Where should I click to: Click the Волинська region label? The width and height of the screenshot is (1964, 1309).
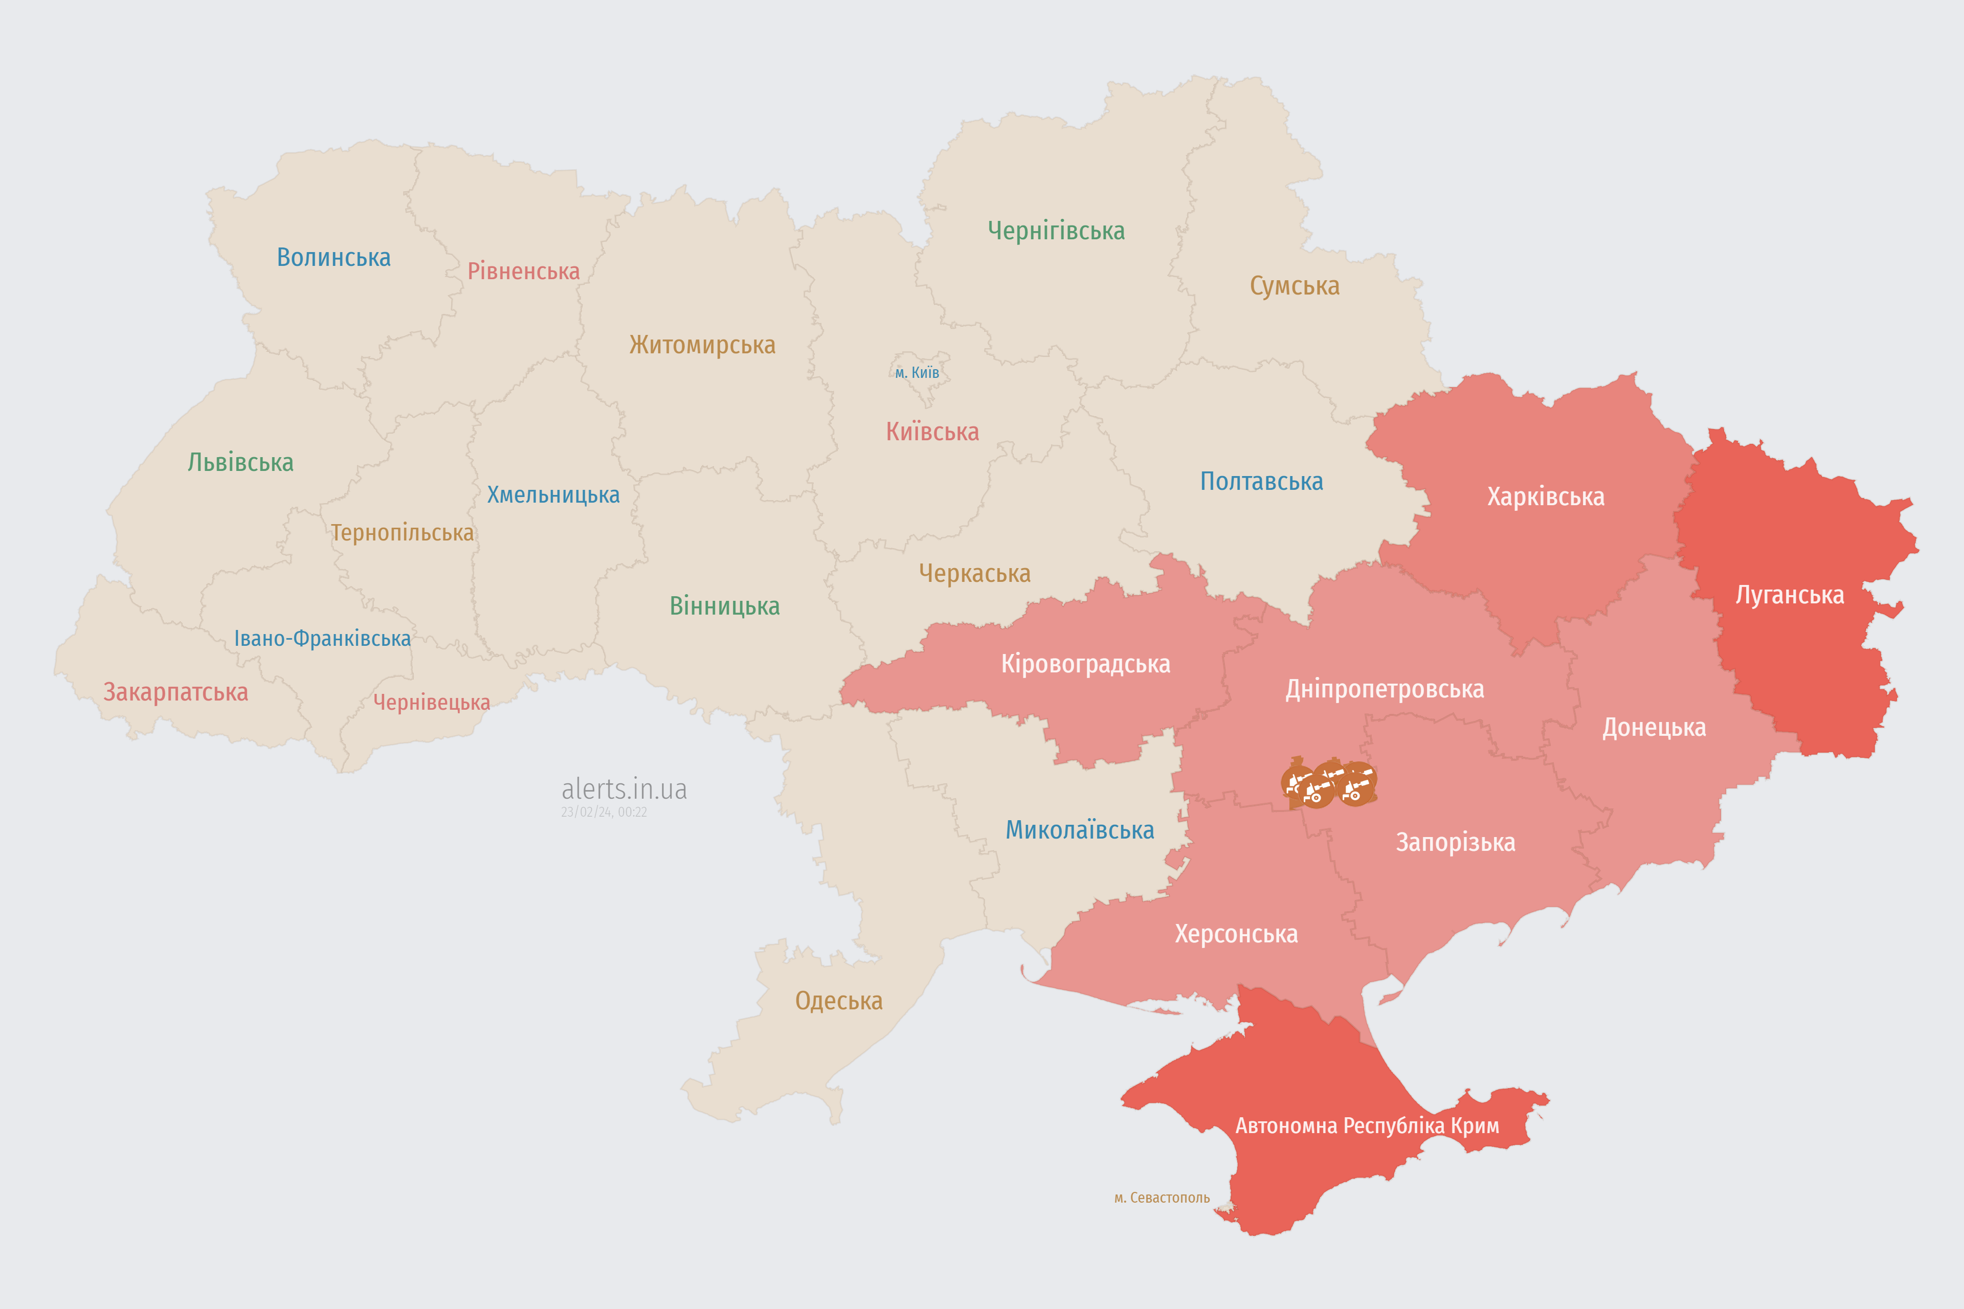[333, 257]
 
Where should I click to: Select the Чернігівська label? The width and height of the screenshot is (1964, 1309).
[1056, 231]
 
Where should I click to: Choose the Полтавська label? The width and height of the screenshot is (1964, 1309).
[1261, 482]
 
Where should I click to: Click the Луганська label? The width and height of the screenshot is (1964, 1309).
[1790, 595]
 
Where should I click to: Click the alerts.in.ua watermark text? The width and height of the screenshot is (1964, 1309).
[624, 789]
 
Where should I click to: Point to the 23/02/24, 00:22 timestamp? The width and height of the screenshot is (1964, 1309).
[604, 813]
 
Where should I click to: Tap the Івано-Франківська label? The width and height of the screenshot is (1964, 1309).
[322, 639]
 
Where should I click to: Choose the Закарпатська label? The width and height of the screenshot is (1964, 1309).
[175, 692]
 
